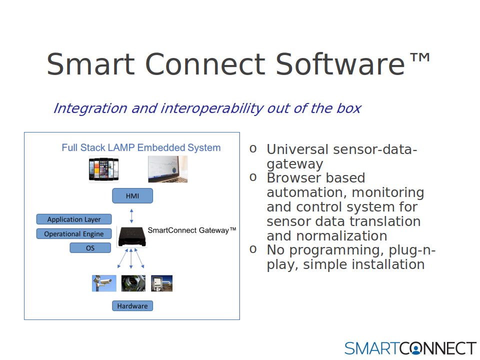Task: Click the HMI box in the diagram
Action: click(x=132, y=195)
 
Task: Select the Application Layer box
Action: click(x=74, y=219)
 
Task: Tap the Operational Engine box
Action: click(x=74, y=233)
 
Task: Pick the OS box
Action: click(x=90, y=247)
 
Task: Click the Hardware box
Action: click(x=132, y=306)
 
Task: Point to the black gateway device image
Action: click(x=132, y=236)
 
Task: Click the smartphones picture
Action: click(x=104, y=169)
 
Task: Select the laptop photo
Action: click(x=168, y=169)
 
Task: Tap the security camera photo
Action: click(x=104, y=283)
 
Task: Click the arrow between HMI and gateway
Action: click(x=131, y=216)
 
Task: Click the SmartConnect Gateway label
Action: click(x=192, y=230)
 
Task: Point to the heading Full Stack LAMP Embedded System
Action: click(x=141, y=147)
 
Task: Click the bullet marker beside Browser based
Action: click(x=253, y=177)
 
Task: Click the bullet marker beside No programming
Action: click(x=253, y=249)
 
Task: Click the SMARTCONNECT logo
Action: click(x=410, y=348)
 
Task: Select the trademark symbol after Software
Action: click(x=420, y=57)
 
